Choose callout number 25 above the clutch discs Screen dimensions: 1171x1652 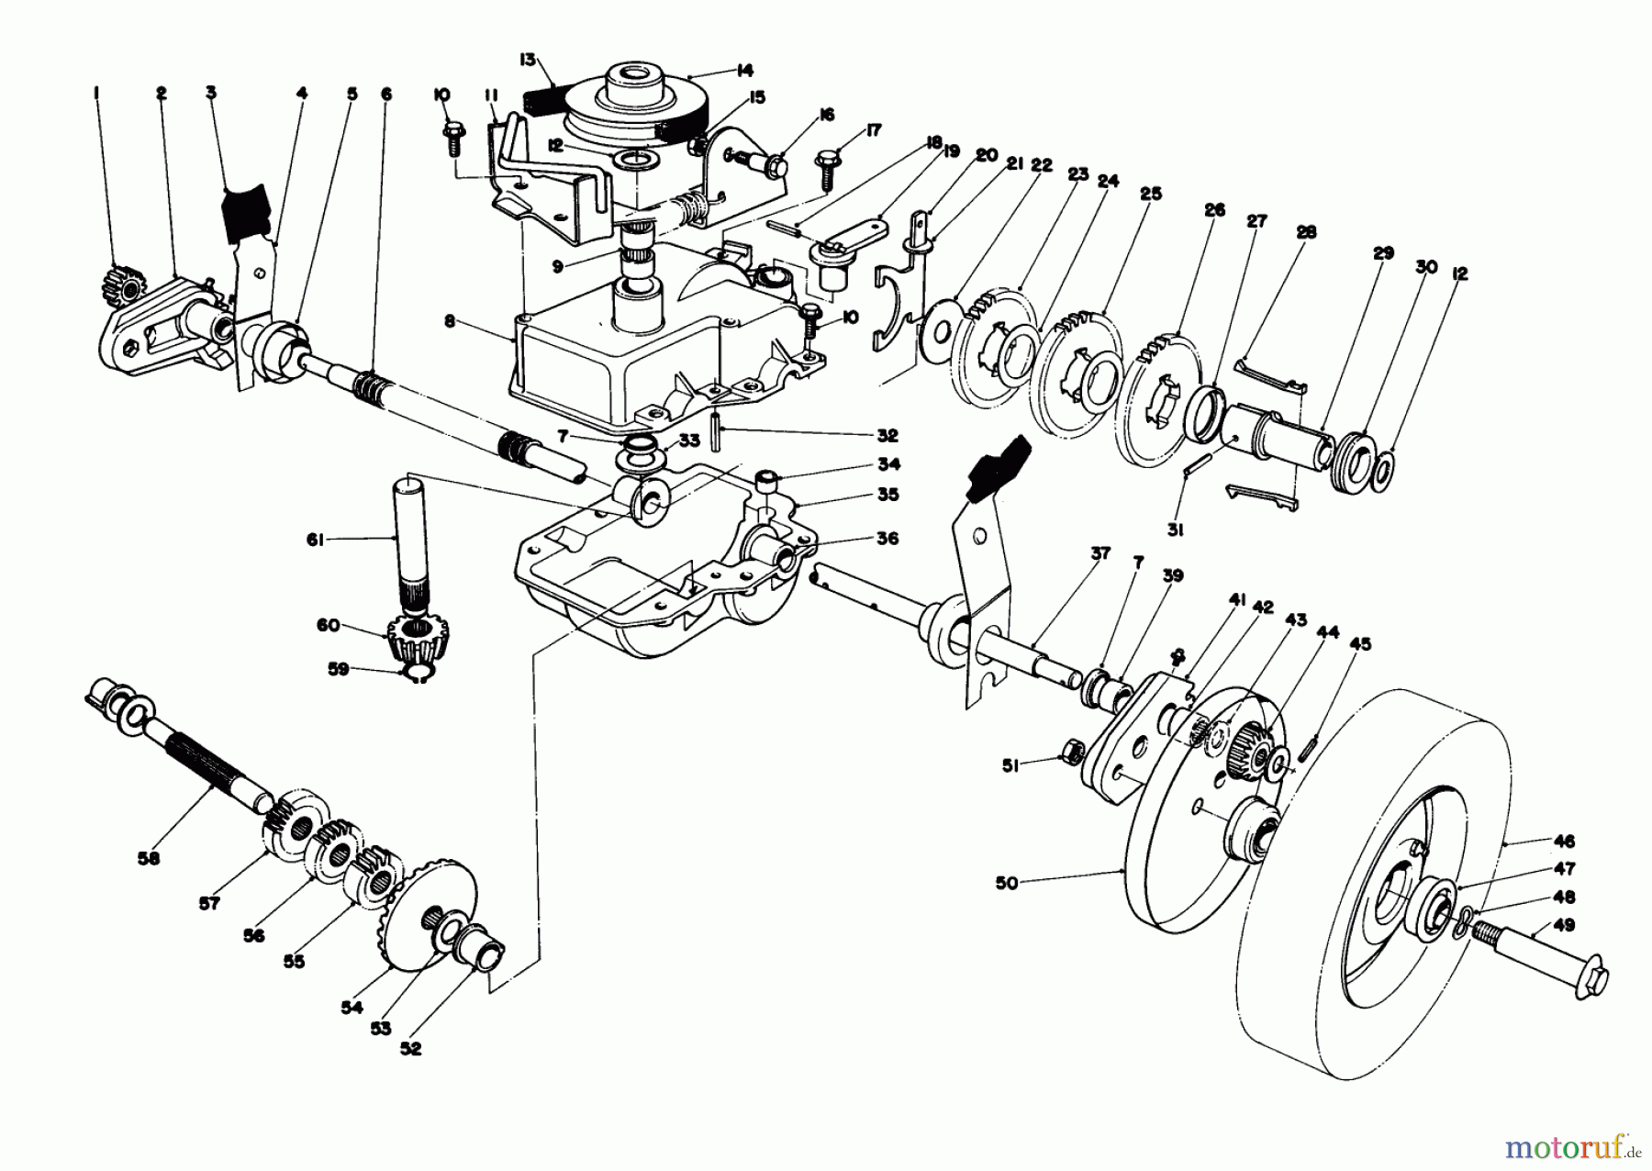[x=1151, y=194]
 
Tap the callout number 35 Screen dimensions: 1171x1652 [x=887, y=495]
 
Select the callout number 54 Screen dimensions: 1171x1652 [x=352, y=1008]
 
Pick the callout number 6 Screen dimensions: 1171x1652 [x=385, y=93]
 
